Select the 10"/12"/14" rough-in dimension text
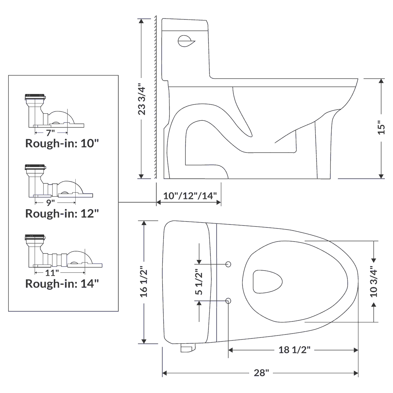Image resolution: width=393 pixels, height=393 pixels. (190, 196)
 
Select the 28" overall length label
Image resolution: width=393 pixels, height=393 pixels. (261, 373)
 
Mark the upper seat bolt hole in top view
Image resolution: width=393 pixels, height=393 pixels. (229, 264)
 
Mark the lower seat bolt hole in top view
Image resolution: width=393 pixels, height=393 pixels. (229, 301)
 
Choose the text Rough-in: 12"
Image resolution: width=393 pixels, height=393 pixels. (62, 214)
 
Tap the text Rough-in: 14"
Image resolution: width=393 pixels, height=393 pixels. (62, 283)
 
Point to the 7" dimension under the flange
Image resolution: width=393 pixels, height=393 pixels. (50, 133)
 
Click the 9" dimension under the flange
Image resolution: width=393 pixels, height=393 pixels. (50, 203)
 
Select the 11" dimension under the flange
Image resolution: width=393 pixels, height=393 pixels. (52, 272)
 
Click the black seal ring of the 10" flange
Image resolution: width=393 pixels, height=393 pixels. (35, 96)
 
